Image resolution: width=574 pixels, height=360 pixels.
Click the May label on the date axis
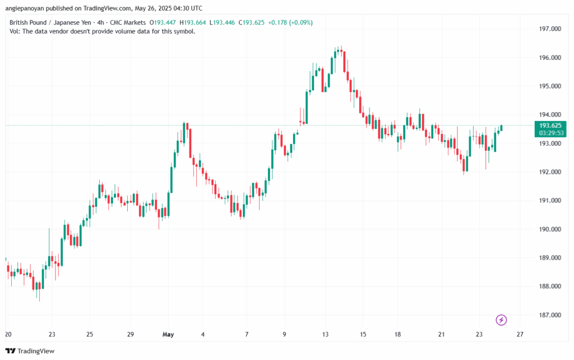tap(169, 335)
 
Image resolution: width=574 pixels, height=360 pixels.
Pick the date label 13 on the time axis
tap(325, 335)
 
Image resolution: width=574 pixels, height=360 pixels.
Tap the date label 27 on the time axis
tap(520, 335)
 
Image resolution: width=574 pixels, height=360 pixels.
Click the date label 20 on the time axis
tap(8, 335)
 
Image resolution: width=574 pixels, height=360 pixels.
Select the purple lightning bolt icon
tap(502, 320)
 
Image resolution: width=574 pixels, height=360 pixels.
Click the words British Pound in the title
tap(30, 22)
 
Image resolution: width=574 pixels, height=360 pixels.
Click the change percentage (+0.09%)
tap(299, 22)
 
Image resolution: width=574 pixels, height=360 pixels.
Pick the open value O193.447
tap(163, 22)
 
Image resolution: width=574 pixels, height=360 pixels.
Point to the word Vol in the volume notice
tap(15, 31)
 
